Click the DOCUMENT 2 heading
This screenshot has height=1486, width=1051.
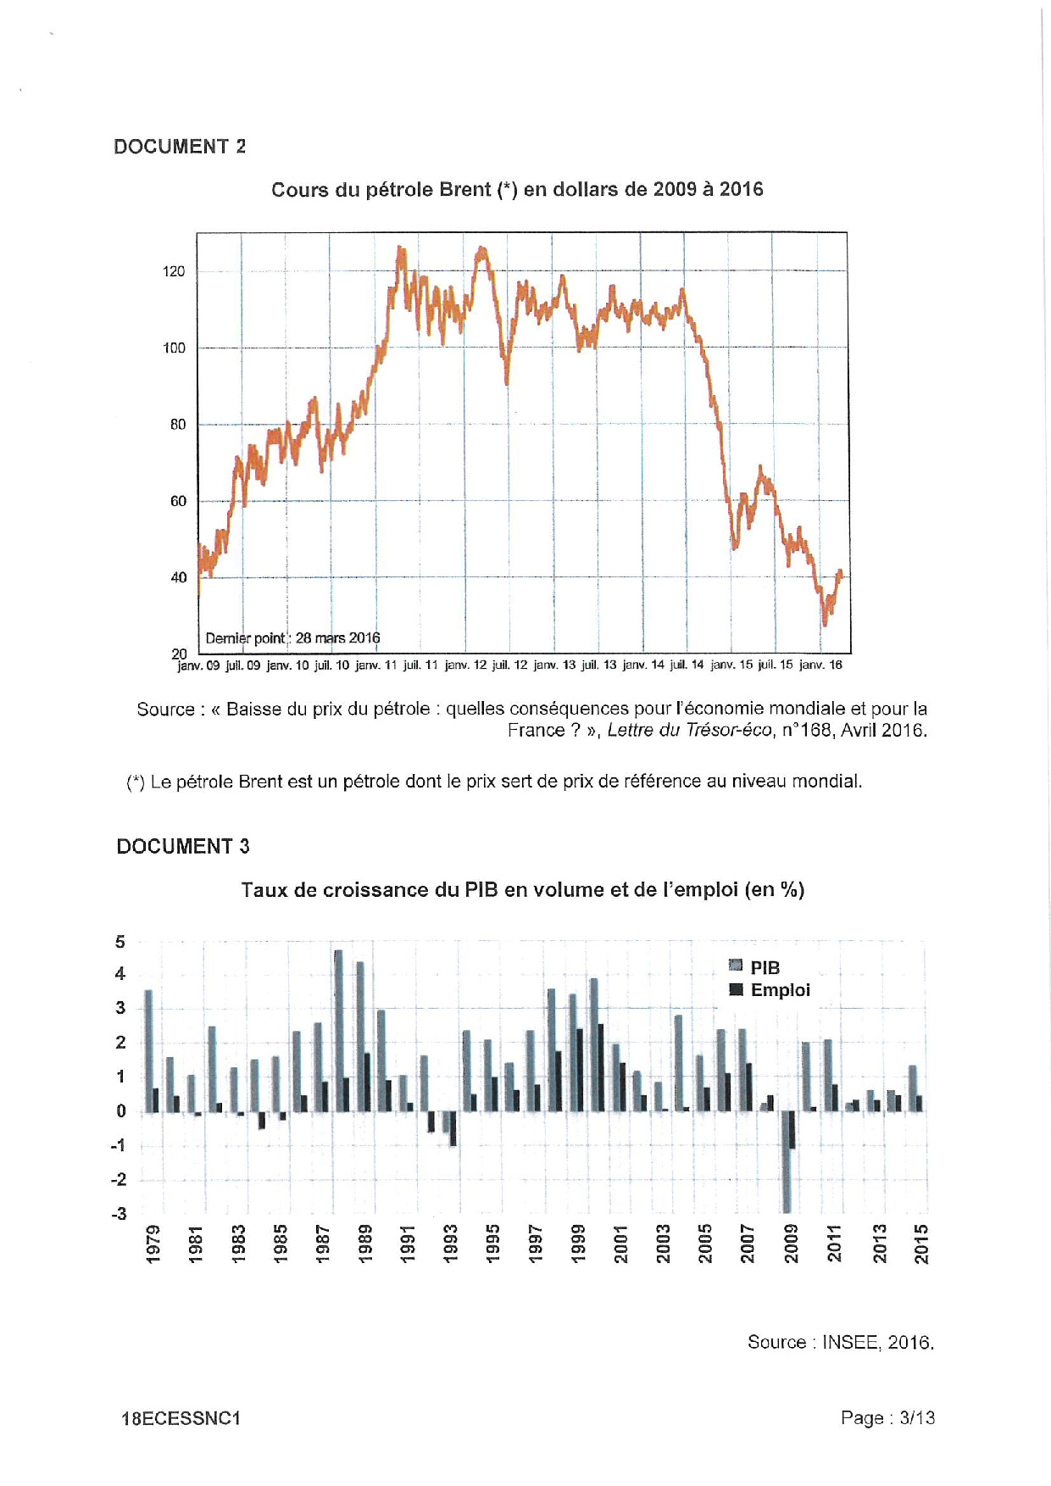[x=180, y=147]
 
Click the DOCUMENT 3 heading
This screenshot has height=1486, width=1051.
[x=183, y=846]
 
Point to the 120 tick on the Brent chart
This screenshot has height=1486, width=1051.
[x=174, y=271]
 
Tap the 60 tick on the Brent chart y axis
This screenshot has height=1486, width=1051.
[x=178, y=501]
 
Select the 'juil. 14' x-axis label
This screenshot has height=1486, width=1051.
[x=687, y=665]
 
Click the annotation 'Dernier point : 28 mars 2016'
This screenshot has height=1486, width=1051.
[x=292, y=638]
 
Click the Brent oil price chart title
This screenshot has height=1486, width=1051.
[x=517, y=190]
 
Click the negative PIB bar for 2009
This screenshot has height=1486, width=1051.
[x=787, y=1161]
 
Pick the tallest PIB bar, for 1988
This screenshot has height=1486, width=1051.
[x=338, y=1030]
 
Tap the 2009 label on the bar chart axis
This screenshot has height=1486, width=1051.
[x=791, y=1243]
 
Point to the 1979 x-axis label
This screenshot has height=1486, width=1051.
[x=153, y=1243]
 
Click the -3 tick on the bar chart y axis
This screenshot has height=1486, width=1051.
[x=119, y=1214]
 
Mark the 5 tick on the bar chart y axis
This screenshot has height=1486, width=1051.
[x=120, y=942]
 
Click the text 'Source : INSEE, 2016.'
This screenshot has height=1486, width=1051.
[x=840, y=1343]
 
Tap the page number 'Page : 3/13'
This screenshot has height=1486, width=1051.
[x=887, y=1417]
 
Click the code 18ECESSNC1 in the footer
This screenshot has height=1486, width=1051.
[x=181, y=1418]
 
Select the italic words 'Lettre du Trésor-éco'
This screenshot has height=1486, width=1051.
[x=689, y=730]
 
